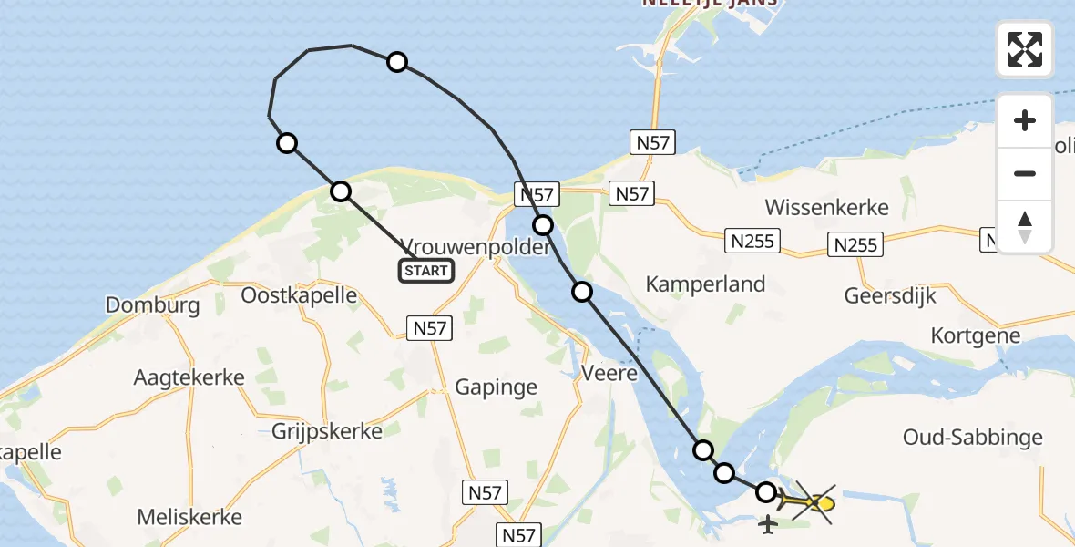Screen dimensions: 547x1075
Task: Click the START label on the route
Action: [426, 270]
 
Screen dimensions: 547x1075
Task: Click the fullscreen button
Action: [1024, 49]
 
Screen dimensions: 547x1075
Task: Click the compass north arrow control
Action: [1025, 226]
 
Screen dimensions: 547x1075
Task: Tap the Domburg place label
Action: [153, 304]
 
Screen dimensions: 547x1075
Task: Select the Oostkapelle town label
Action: [299, 295]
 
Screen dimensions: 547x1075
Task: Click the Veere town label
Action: [609, 371]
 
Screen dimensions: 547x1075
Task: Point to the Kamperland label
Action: [705, 284]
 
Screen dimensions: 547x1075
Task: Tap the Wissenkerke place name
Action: [826, 207]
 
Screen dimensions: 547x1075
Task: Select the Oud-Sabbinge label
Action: [973, 438]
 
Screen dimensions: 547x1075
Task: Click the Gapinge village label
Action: [496, 387]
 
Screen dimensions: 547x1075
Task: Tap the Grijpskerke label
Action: [327, 431]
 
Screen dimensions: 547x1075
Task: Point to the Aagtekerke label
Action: [189, 377]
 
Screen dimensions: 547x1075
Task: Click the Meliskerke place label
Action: [189, 517]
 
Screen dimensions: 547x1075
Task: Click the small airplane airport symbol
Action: [768, 525]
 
